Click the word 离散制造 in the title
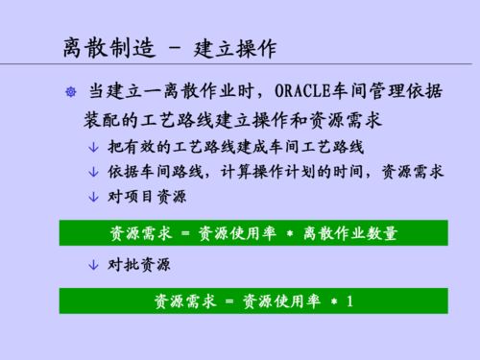coord(92,46)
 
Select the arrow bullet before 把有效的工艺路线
coord(92,149)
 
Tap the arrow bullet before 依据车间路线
coord(92,172)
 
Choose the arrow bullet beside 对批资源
coord(92,263)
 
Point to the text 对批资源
coord(134,263)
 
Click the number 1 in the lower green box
coord(350,300)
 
